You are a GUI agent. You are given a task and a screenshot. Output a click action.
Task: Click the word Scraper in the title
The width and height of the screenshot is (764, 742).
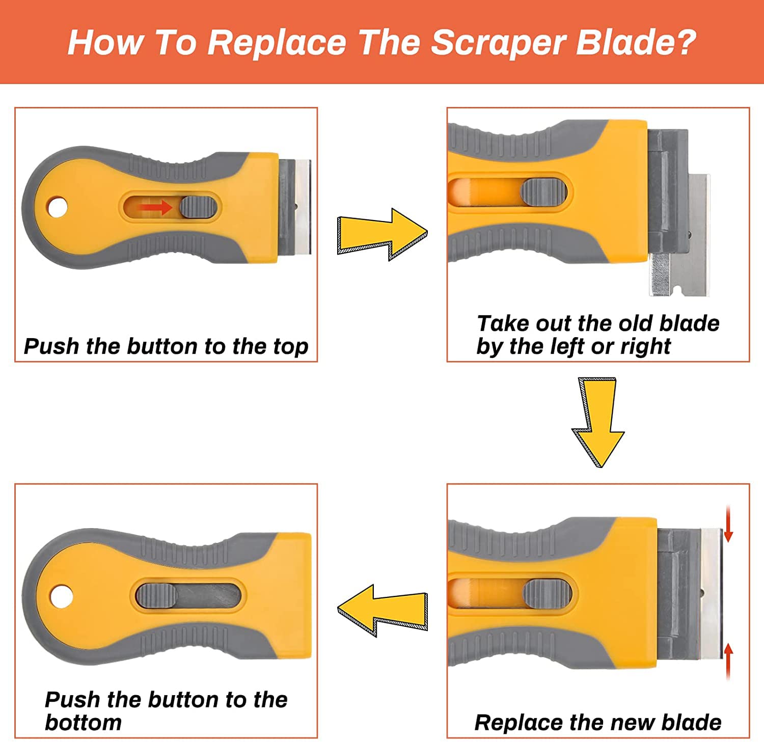(499, 43)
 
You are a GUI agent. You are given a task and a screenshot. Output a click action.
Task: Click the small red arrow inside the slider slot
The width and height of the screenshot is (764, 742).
(156, 207)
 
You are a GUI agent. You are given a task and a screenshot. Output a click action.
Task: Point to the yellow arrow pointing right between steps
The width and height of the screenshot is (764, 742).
(382, 234)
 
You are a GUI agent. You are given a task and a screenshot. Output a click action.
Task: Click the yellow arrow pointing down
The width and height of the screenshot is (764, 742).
(598, 422)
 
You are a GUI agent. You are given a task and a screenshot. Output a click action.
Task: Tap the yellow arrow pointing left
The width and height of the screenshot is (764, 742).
(382, 611)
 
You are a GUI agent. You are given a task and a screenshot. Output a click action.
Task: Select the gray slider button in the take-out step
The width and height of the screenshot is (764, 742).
(543, 192)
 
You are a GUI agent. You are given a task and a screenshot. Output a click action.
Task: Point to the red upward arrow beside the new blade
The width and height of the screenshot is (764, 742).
(729, 662)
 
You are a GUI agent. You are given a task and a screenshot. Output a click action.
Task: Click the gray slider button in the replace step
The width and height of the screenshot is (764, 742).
(547, 593)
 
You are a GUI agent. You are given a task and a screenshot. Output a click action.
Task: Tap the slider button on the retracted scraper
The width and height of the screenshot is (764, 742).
(156, 595)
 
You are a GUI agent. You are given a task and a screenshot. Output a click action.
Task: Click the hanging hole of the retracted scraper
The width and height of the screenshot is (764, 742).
(62, 596)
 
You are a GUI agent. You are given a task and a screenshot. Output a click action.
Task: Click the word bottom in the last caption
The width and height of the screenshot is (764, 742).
(84, 723)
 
